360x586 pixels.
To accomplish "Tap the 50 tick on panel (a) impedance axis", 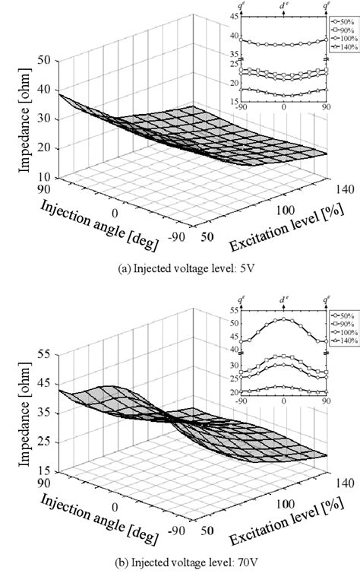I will pos(44,60).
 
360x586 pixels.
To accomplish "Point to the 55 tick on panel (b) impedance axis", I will pos(44,355).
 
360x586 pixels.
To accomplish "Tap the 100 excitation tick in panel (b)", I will pos(286,503).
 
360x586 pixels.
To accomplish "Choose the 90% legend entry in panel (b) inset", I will pos(344,325).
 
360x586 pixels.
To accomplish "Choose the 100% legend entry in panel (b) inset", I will pos(344,332).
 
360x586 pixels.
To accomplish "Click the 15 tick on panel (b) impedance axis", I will pos(44,472).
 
